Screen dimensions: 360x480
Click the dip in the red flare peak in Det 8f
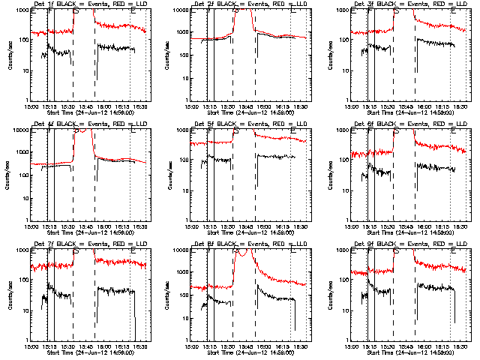(241, 255)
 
